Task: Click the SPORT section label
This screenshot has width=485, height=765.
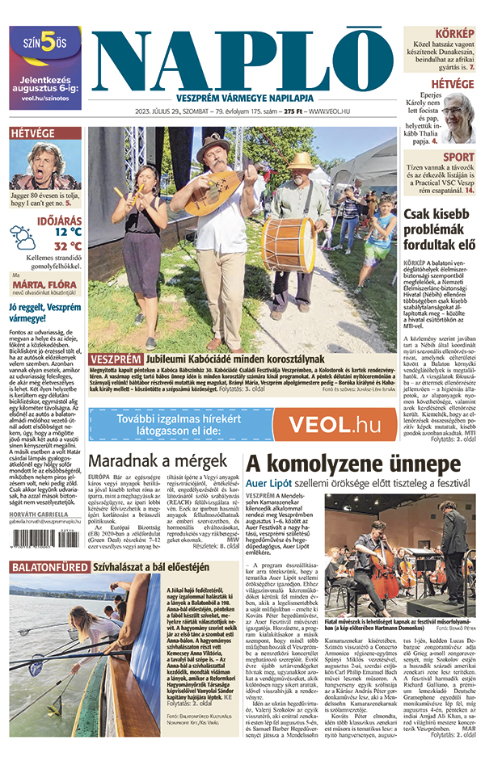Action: point(458,158)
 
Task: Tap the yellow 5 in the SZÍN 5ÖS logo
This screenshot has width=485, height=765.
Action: point(48,44)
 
